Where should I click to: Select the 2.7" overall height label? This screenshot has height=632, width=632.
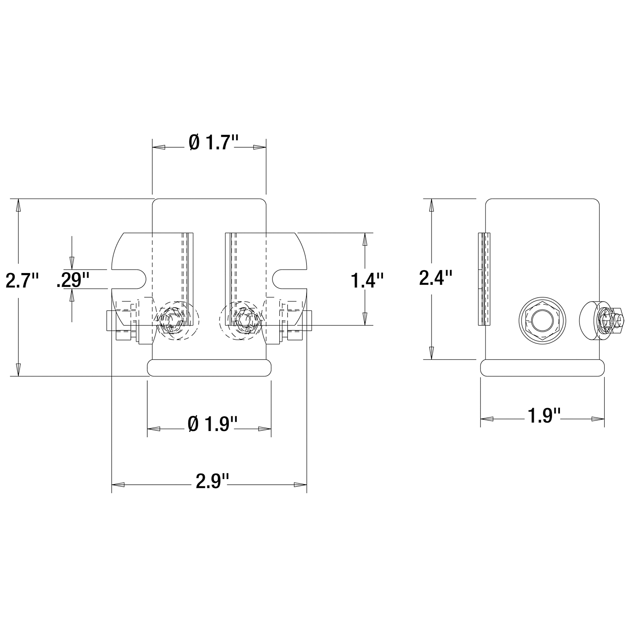(x=22, y=280)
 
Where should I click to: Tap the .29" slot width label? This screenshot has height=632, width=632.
(x=73, y=279)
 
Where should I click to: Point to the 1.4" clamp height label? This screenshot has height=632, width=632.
(x=367, y=280)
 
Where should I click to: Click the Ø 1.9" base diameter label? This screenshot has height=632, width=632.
(x=212, y=424)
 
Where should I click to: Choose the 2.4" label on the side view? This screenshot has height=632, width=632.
(x=436, y=277)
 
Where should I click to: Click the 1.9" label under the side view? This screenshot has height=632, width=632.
(x=544, y=416)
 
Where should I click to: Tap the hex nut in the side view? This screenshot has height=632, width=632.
(x=542, y=320)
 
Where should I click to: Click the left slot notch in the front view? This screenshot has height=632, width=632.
(x=129, y=279)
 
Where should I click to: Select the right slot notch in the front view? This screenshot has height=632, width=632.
(x=289, y=279)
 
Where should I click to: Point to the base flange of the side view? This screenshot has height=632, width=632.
(x=542, y=368)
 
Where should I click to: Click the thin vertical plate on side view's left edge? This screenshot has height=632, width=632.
(x=484, y=279)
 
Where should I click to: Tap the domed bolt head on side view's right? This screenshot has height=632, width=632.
(x=587, y=320)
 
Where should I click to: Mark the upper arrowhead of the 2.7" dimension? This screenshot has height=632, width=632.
(x=18, y=205)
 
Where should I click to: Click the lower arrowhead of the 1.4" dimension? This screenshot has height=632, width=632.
(x=365, y=319)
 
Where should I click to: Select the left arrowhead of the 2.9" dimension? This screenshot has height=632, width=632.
(x=118, y=485)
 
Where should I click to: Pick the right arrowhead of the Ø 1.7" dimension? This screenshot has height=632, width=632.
(x=260, y=148)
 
